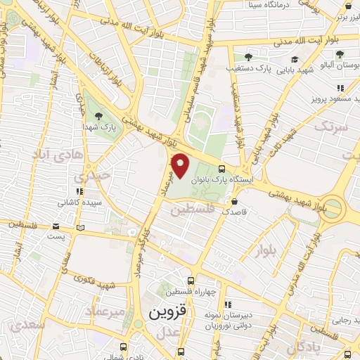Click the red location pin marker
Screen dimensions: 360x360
pos(181,166)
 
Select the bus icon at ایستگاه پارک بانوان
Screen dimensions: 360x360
pos(222,169)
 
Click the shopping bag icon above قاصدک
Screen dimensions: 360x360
pos(224,200)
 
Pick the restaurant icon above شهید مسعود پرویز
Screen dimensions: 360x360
pos(340,88)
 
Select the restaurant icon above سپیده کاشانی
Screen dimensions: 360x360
pos(80,191)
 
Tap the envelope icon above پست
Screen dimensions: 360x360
pos(56,226)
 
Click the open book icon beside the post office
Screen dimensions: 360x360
pos(80,227)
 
